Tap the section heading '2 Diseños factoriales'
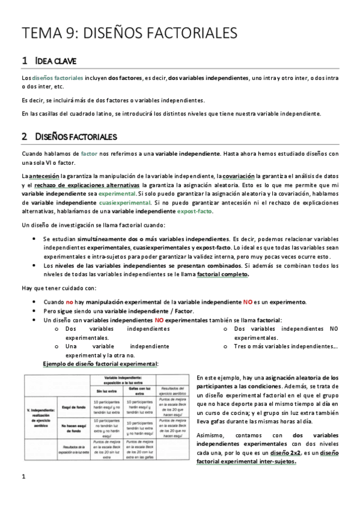point(69,137)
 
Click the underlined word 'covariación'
point(239,175)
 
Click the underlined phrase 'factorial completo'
point(222,274)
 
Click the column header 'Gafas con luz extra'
point(143,390)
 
